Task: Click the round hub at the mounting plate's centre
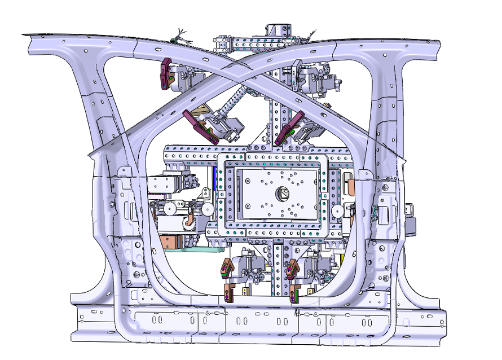pos(282,193)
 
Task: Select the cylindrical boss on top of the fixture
pos(279,29)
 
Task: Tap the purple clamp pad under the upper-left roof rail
pos(165,74)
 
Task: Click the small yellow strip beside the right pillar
pos(342,260)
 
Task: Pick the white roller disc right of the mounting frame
pos(338,210)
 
